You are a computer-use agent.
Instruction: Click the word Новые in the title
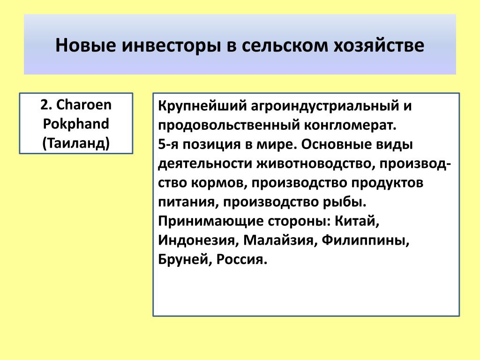86,45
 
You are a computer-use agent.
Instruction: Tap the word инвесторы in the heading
171,46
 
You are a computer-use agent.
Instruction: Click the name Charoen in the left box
84,105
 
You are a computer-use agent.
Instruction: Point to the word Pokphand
76,124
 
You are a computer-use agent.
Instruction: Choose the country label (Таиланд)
76,143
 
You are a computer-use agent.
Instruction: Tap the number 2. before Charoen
46,105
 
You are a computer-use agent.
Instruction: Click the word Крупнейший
202,106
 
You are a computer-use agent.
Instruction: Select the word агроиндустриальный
325,106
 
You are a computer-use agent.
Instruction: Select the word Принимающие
210,221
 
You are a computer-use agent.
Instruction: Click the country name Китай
357,221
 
